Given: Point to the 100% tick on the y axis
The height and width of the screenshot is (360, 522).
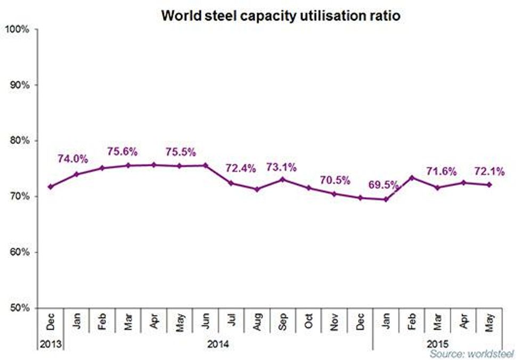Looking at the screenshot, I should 19,29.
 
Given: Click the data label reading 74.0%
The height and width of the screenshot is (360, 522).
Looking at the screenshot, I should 73,158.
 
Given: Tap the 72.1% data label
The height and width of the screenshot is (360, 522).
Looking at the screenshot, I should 488,171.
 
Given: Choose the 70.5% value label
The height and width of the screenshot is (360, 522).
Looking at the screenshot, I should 334,180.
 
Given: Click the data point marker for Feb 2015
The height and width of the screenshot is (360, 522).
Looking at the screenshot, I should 412,177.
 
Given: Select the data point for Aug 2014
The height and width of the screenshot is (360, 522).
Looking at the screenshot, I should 257,189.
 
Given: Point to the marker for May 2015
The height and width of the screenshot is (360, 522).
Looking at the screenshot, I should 490,185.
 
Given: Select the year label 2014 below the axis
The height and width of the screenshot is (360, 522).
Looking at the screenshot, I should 218,344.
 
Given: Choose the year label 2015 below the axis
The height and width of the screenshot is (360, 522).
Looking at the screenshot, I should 437,344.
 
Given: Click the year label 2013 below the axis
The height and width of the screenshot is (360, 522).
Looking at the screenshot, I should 51,344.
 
